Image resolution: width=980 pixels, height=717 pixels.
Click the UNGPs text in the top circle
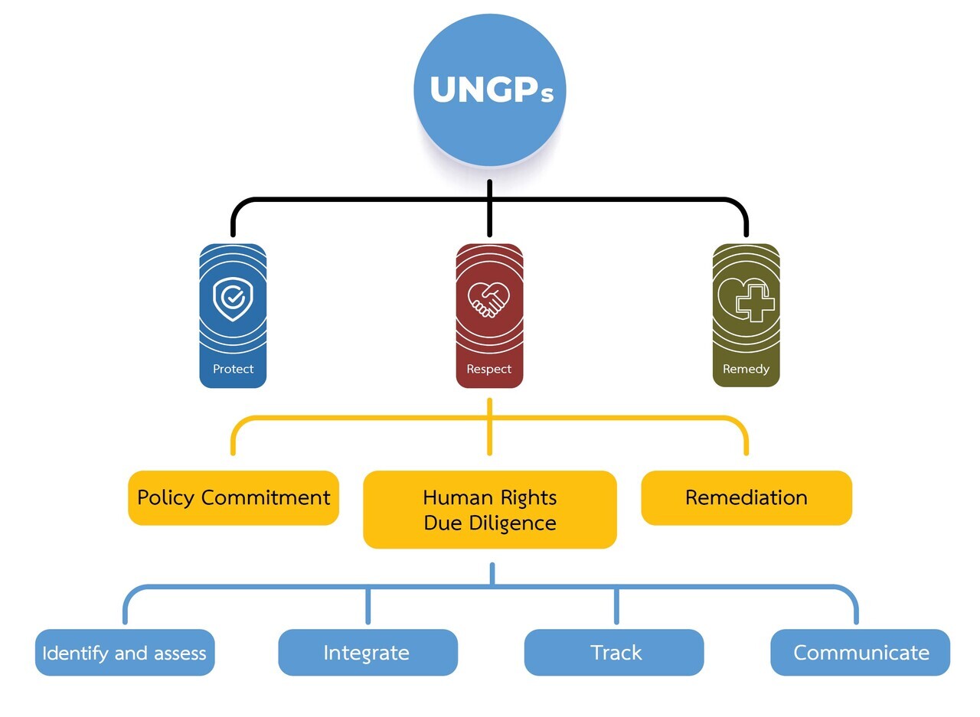pos(492,90)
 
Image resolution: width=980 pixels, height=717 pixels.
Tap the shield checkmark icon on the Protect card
pos(233,298)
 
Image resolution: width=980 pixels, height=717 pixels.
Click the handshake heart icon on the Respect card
pos(488,299)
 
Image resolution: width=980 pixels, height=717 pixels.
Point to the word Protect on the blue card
pos(234,369)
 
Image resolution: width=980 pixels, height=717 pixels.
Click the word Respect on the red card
pos(488,369)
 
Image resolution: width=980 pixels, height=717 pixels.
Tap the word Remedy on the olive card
pos(746,370)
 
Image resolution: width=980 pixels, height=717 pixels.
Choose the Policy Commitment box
pos(234,498)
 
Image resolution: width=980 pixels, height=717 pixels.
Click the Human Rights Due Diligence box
pos(489,510)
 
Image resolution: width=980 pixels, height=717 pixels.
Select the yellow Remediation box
pos(746,498)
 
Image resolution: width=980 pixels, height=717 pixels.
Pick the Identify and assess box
pos(125,653)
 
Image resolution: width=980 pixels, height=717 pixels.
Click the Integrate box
pos(368,653)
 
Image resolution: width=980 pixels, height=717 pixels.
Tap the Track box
pos(614,653)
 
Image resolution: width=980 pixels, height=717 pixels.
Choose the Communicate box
pos(860,653)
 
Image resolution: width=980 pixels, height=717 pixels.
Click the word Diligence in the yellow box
pos(512,523)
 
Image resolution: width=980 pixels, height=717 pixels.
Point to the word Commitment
pos(266,497)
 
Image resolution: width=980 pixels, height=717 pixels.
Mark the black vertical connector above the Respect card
pos(489,208)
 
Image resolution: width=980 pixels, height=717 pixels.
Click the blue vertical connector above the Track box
pos(616,606)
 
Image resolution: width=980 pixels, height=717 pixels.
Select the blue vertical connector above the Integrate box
pos(368,606)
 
